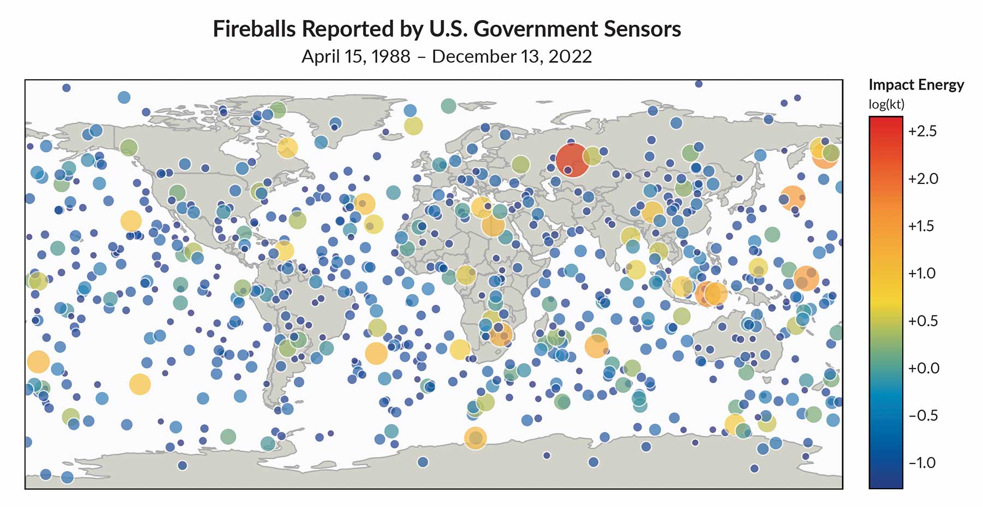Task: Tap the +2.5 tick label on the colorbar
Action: pyautogui.click(x=922, y=132)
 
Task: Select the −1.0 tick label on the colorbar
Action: pyautogui.click(x=922, y=463)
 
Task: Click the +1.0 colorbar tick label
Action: pyautogui.click(x=922, y=274)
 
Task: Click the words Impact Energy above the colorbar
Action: pyautogui.click(x=916, y=85)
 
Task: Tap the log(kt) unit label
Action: pyautogui.click(x=886, y=104)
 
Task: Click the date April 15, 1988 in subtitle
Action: pyautogui.click(x=356, y=57)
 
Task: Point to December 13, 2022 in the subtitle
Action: pyautogui.click(x=512, y=57)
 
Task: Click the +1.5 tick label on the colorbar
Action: pyautogui.click(x=922, y=226)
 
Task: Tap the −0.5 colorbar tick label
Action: pyautogui.click(x=922, y=416)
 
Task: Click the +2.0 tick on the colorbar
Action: pyautogui.click(x=922, y=179)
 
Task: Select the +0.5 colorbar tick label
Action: pyautogui.click(x=923, y=321)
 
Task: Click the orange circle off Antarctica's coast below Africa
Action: pyautogui.click(x=475, y=438)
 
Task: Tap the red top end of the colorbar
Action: pyautogui.click(x=885, y=121)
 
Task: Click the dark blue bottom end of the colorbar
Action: pyautogui.click(x=885, y=483)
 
